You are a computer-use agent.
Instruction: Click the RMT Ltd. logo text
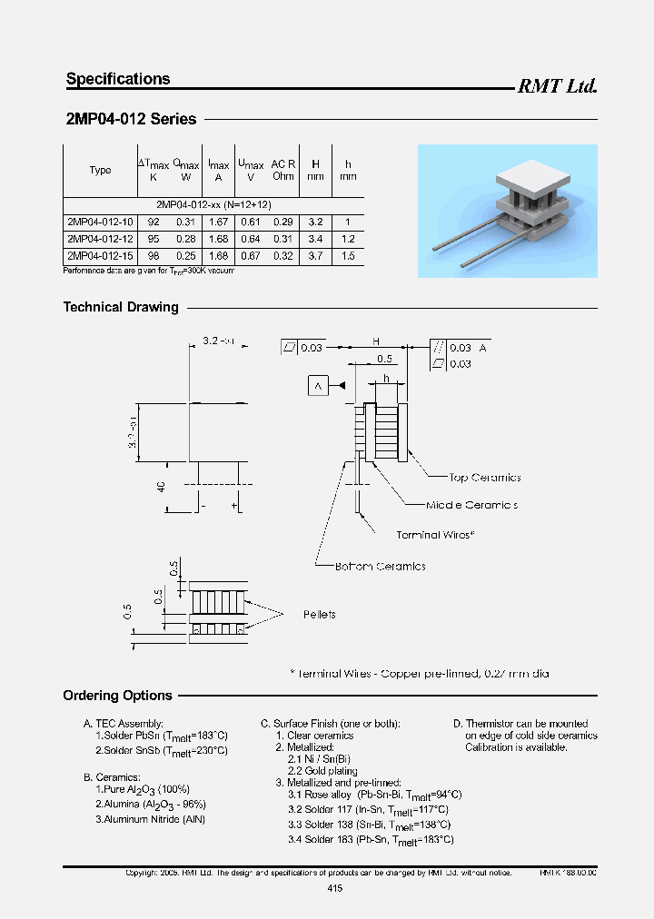pos(557,86)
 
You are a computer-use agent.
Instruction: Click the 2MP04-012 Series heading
pos(131,119)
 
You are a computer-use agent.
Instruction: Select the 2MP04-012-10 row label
pos(100,222)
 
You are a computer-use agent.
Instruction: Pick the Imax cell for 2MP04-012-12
pos(218,239)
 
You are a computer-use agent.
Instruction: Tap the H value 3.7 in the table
pos(315,256)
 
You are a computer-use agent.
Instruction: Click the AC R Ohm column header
pos(283,170)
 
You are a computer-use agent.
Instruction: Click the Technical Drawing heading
pos(121,307)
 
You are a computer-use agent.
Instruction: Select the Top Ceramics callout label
pos(485,478)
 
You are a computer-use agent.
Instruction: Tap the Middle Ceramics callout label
pos(471,505)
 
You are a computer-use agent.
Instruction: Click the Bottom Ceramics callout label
pos(380,567)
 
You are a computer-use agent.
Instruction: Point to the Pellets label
pos(319,615)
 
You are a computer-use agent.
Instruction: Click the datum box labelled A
pos(318,386)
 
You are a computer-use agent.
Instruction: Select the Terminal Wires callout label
pos(435,536)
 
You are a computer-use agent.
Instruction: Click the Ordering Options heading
pos(117,696)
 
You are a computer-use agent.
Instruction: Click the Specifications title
pos(118,79)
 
